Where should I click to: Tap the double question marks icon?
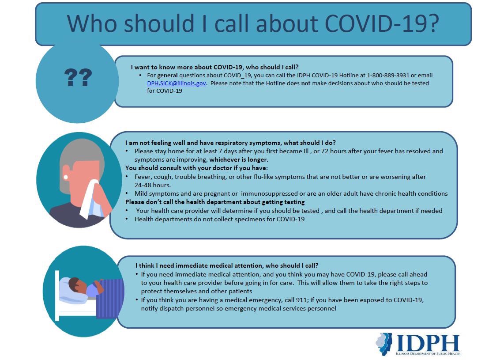[x=78, y=78]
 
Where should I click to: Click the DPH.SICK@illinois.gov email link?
[x=177, y=83]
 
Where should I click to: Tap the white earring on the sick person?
[x=66, y=177]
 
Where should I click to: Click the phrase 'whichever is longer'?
[x=239, y=159]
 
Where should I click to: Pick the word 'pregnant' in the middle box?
[x=226, y=193]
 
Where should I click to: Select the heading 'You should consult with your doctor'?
[x=197, y=168]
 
